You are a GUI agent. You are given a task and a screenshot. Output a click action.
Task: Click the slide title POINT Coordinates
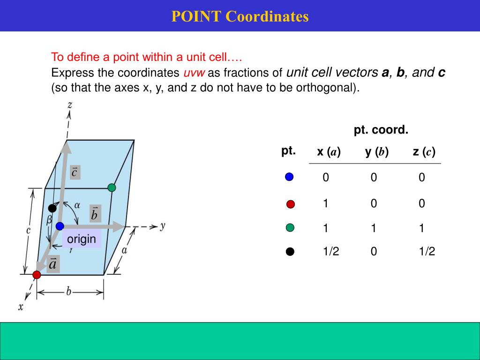[x=240, y=16]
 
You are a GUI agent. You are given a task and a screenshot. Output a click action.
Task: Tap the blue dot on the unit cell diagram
[x=60, y=226]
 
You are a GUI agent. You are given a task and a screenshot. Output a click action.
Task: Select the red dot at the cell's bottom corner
[x=37, y=275]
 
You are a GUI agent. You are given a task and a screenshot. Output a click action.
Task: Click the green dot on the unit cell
[x=112, y=187]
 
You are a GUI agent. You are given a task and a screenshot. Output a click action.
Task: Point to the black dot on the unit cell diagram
[x=52, y=208]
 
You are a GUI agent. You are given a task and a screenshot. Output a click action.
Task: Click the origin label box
[x=82, y=239]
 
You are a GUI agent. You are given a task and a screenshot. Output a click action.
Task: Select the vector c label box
[x=74, y=172]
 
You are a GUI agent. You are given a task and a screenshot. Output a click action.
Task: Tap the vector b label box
[x=95, y=214]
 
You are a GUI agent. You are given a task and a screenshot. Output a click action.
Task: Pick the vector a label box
[x=53, y=264]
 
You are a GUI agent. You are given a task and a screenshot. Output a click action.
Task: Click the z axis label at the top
[x=69, y=105]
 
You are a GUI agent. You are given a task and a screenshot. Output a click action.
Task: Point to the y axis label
[x=162, y=225]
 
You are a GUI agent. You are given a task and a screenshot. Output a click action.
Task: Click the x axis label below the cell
[x=21, y=307]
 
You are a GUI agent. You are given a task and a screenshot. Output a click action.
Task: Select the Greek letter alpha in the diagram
[x=77, y=204]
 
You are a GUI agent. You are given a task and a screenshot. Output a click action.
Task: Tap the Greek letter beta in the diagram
[x=48, y=219]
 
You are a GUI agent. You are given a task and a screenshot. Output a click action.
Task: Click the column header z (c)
[x=424, y=152]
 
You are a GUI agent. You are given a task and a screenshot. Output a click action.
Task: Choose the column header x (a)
[x=329, y=152]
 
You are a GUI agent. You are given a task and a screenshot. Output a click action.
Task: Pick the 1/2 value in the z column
[x=427, y=252]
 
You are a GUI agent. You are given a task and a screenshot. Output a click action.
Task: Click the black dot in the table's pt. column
[x=290, y=252]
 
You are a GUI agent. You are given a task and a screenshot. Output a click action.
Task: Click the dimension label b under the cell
[x=68, y=292]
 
